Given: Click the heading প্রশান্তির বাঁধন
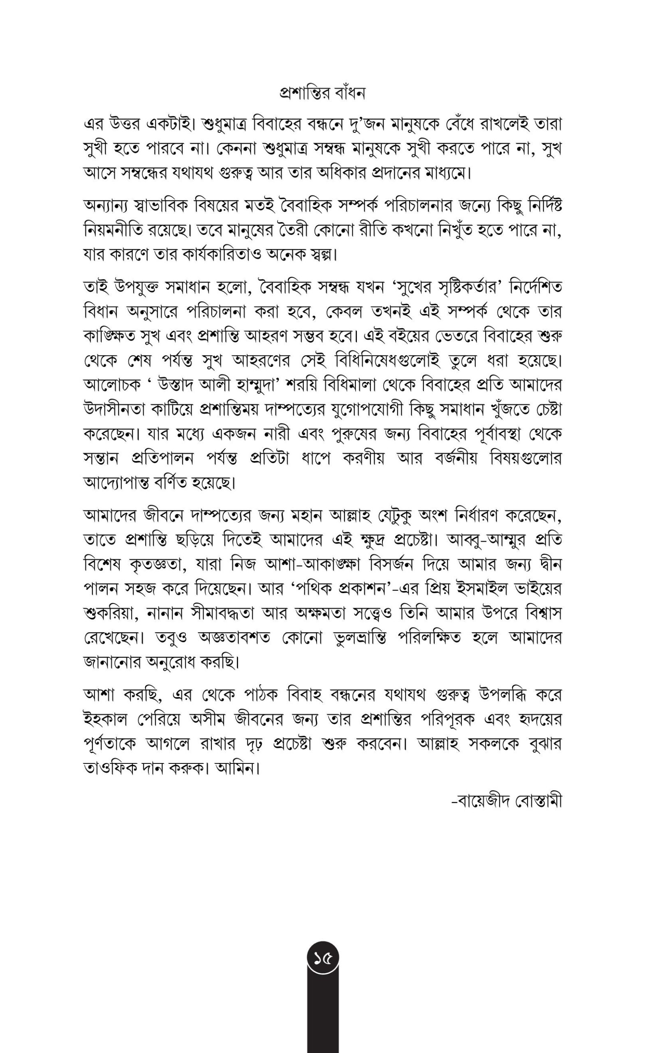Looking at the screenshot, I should point(322,93).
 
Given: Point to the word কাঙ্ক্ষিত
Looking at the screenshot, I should point(109,337).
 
